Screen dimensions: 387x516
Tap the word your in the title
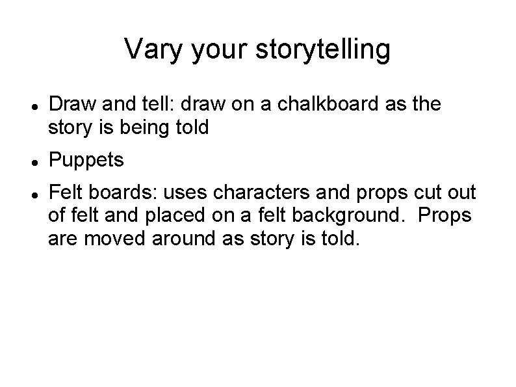tap(218, 50)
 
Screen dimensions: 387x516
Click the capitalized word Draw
tap(70, 104)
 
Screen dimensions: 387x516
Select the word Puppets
tap(86, 159)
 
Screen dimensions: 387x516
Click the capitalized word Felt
tap(65, 193)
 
